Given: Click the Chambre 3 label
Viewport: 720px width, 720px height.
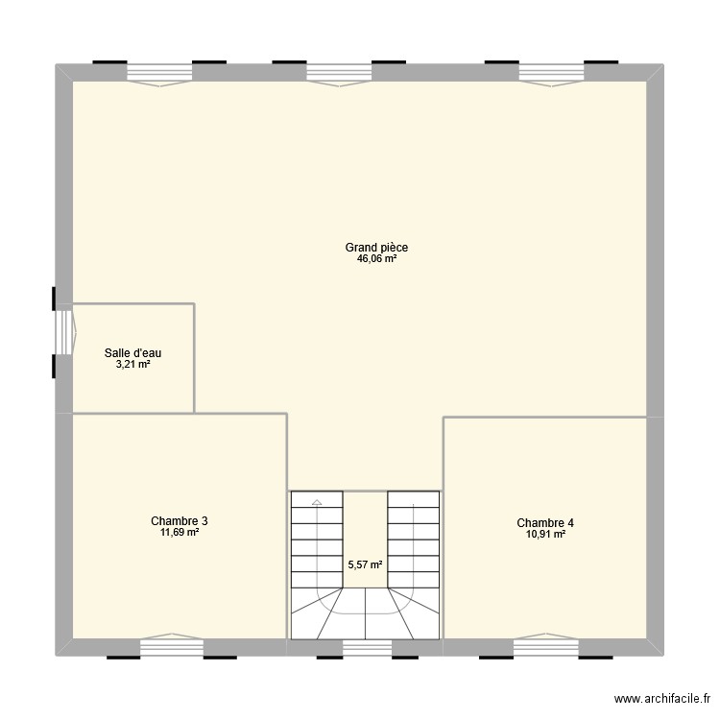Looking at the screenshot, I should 179,521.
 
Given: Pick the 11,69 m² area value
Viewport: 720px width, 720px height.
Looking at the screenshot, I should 179,532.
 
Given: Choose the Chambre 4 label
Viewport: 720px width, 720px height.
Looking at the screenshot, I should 545,523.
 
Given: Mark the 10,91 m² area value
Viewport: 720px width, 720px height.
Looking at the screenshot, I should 545,534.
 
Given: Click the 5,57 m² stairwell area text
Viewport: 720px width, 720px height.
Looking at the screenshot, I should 365,565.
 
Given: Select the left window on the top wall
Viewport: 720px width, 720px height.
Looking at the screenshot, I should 159,74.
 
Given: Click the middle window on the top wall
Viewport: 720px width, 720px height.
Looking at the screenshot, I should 338,74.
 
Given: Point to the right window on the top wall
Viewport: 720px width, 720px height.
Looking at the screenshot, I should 551,74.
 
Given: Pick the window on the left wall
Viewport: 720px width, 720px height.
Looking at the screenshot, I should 63,331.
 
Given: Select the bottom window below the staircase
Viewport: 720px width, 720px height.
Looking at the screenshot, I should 365,648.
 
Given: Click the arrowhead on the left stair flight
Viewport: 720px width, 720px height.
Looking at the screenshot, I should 316,501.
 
